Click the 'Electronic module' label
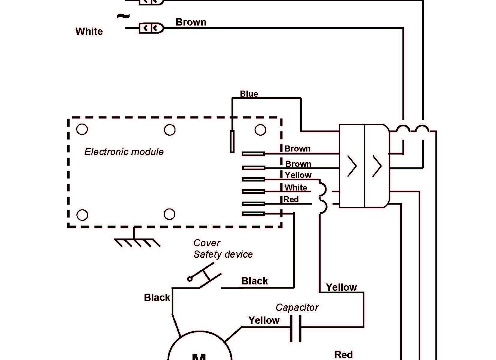coord(124,152)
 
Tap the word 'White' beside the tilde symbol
coord(89,31)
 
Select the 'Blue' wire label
coord(249,94)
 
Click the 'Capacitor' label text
coord(297,307)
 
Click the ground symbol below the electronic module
coord(137,242)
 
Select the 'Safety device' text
coord(223,254)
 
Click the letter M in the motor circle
coord(199,356)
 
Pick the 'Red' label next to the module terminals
coord(291,199)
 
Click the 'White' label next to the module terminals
coord(296,188)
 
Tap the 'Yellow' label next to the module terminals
coord(298,175)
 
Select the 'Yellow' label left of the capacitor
coord(264,320)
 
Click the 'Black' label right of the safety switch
coord(255,281)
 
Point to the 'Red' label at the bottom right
coord(344,355)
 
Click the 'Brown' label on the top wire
coord(191,22)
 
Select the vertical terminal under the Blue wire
coord(232,142)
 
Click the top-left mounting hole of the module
coord(82,129)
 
